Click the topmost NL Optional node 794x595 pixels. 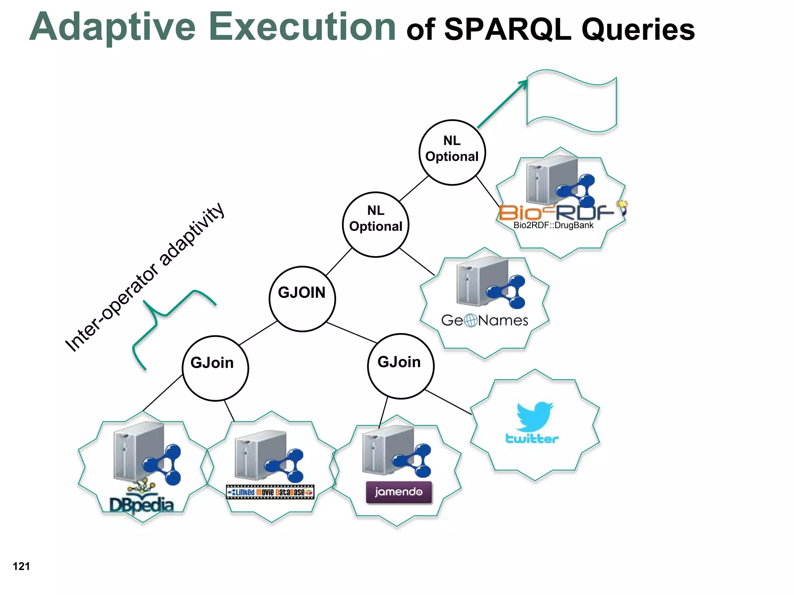click(452, 152)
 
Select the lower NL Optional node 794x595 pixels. click(376, 224)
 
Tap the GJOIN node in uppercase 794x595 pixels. click(302, 299)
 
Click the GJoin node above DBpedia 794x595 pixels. click(215, 368)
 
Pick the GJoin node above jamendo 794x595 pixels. click(400, 366)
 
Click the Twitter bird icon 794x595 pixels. click(535, 416)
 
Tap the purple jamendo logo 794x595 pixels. click(399, 492)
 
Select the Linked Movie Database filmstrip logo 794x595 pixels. click(270, 492)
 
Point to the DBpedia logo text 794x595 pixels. click(142, 504)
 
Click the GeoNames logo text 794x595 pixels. click(485, 320)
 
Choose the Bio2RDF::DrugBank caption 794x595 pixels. click(553, 225)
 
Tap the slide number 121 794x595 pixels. click(21, 566)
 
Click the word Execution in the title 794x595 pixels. click(302, 27)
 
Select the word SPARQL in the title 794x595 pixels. click(508, 29)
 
